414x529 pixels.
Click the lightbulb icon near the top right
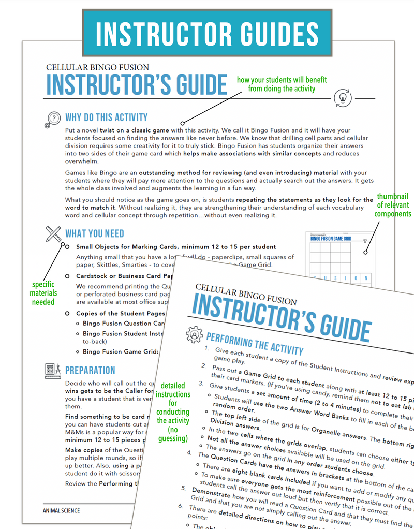(x=343, y=97)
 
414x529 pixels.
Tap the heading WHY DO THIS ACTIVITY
(x=106, y=117)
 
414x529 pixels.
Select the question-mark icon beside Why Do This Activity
(x=53, y=119)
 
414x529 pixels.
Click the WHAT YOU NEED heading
(x=94, y=233)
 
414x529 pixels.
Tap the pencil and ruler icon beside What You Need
(x=53, y=233)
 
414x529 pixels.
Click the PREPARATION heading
(x=90, y=370)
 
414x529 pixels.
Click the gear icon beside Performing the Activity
(x=194, y=334)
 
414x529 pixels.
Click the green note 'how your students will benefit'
(x=282, y=84)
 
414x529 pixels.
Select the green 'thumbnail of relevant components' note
(x=392, y=205)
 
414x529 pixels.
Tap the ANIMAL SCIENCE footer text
(x=61, y=511)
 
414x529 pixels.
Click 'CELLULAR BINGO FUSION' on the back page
(x=97, y=67)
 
